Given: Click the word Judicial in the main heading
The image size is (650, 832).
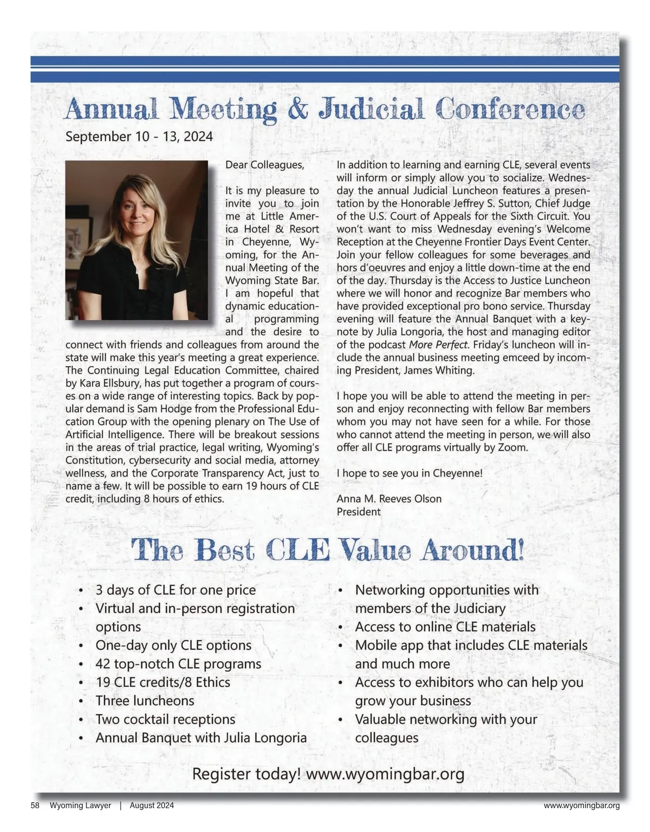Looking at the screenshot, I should coord(372,109).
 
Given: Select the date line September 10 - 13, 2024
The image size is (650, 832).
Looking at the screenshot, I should coord(139,136).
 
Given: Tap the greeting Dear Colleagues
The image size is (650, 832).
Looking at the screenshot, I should coord(265,164).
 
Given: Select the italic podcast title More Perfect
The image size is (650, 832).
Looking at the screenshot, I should coord(438,345).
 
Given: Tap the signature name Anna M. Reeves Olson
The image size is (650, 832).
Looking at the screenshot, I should coord(389,499).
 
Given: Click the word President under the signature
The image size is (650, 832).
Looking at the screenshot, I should coord(359,512).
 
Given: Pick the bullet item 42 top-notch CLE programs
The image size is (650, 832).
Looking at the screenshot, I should coord(178,664).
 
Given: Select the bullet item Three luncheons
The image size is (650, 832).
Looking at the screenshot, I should coord(145,701).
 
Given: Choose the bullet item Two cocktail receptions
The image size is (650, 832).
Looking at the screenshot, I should coord(165,719).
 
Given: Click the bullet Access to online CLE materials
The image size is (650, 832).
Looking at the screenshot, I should coord(445,627).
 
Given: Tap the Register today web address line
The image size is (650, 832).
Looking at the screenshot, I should coord(328,775).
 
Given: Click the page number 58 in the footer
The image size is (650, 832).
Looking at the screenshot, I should coord(35,806).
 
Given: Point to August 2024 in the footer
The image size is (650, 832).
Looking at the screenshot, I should coord(152,806).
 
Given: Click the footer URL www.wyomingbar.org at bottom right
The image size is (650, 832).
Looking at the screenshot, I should coord(582,806).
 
